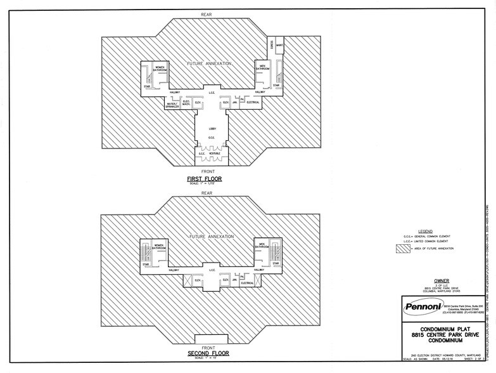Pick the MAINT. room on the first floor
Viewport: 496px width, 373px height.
(x=279, y=44)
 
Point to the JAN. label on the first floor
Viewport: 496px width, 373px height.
(x=234, y=101)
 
